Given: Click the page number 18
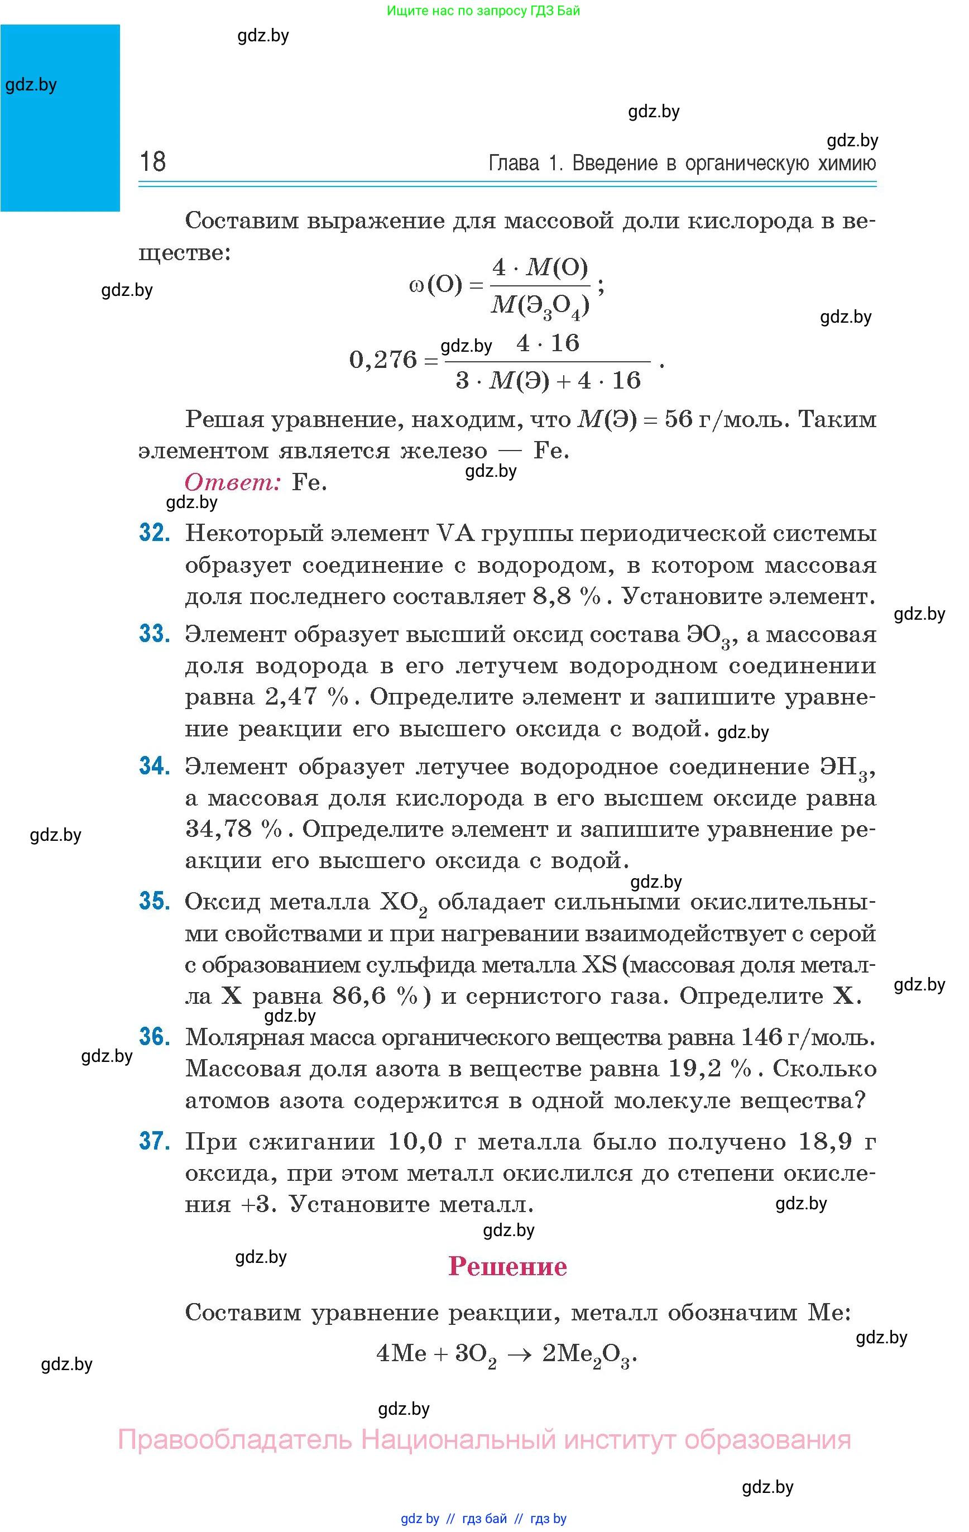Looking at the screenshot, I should coord(153,162).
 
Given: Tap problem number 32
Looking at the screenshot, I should coord(154,533).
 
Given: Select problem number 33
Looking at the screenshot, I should coord(154,634).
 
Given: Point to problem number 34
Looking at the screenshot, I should coord(154,766).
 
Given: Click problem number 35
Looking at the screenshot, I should coord(154,901).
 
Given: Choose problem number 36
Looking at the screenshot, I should coord(154,1036).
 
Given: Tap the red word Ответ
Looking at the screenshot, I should coord(232,482).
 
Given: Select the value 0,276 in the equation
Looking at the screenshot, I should coord(383,360).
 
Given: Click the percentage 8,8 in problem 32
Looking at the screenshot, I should coord(554,597).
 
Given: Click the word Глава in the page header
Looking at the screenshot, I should coord(514,164).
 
